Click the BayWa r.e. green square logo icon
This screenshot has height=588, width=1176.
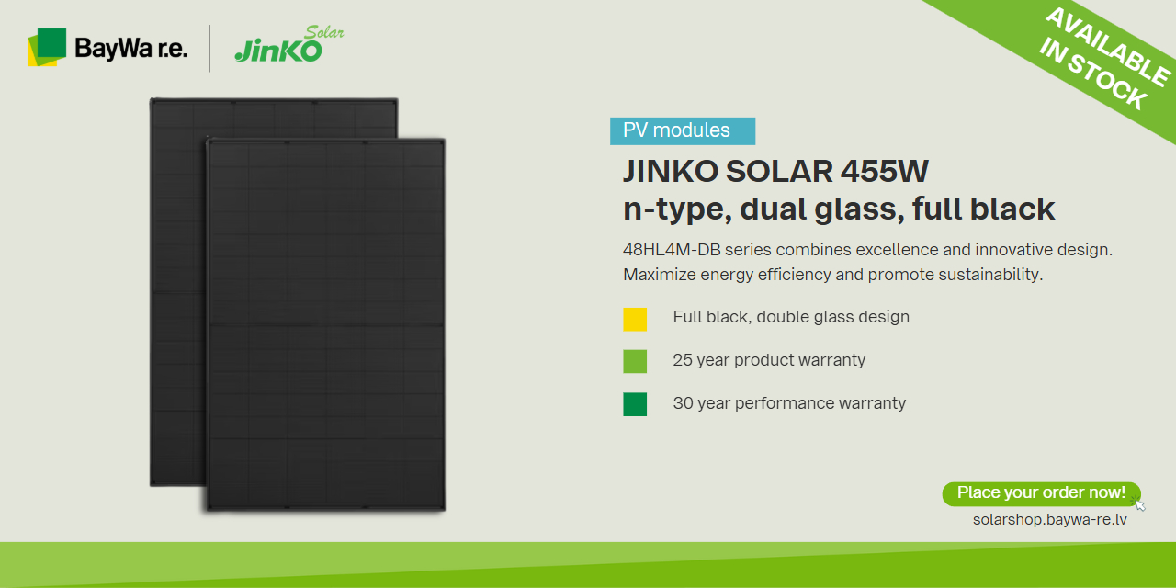[47, 47]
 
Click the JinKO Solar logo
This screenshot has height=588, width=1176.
[289, 45]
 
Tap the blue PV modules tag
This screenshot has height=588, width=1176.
[683, 130]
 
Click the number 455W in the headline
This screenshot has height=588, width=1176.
[884, 171]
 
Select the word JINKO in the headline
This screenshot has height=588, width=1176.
[671, 171]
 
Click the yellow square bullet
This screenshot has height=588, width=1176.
[635, 319]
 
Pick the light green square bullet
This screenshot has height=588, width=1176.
[635, 362]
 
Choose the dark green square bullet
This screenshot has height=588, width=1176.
[635, 404]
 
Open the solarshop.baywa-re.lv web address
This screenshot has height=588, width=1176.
[1049, 520]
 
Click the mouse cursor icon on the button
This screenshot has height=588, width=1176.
[1138, 504]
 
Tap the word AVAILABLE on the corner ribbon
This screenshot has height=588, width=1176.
[1108, 46]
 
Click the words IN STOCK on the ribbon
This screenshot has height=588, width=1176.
[1093, 74]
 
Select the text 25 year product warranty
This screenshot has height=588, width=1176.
[769, 360]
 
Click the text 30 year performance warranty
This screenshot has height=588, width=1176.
[789, 403]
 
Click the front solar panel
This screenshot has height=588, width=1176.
[326, 324]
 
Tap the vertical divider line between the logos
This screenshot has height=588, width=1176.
[209, 49]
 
